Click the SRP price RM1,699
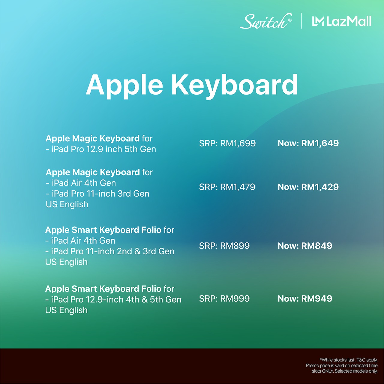pos(238,143)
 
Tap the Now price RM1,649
pos(320,143)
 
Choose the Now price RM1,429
pos(320,187)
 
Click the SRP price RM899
pos(235,246)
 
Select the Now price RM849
pos(316,246)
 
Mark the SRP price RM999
pos(235,298)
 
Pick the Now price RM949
pos(316,298)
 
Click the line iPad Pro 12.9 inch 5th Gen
pos(101,149)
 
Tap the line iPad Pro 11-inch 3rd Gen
pos(97,194)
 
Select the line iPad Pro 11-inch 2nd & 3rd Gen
pos(110,251)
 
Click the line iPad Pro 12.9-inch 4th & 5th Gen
pos(113,300)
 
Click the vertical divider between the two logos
pos(301,21)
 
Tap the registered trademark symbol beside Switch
pos(290,20)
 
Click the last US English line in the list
pos(66,310)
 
